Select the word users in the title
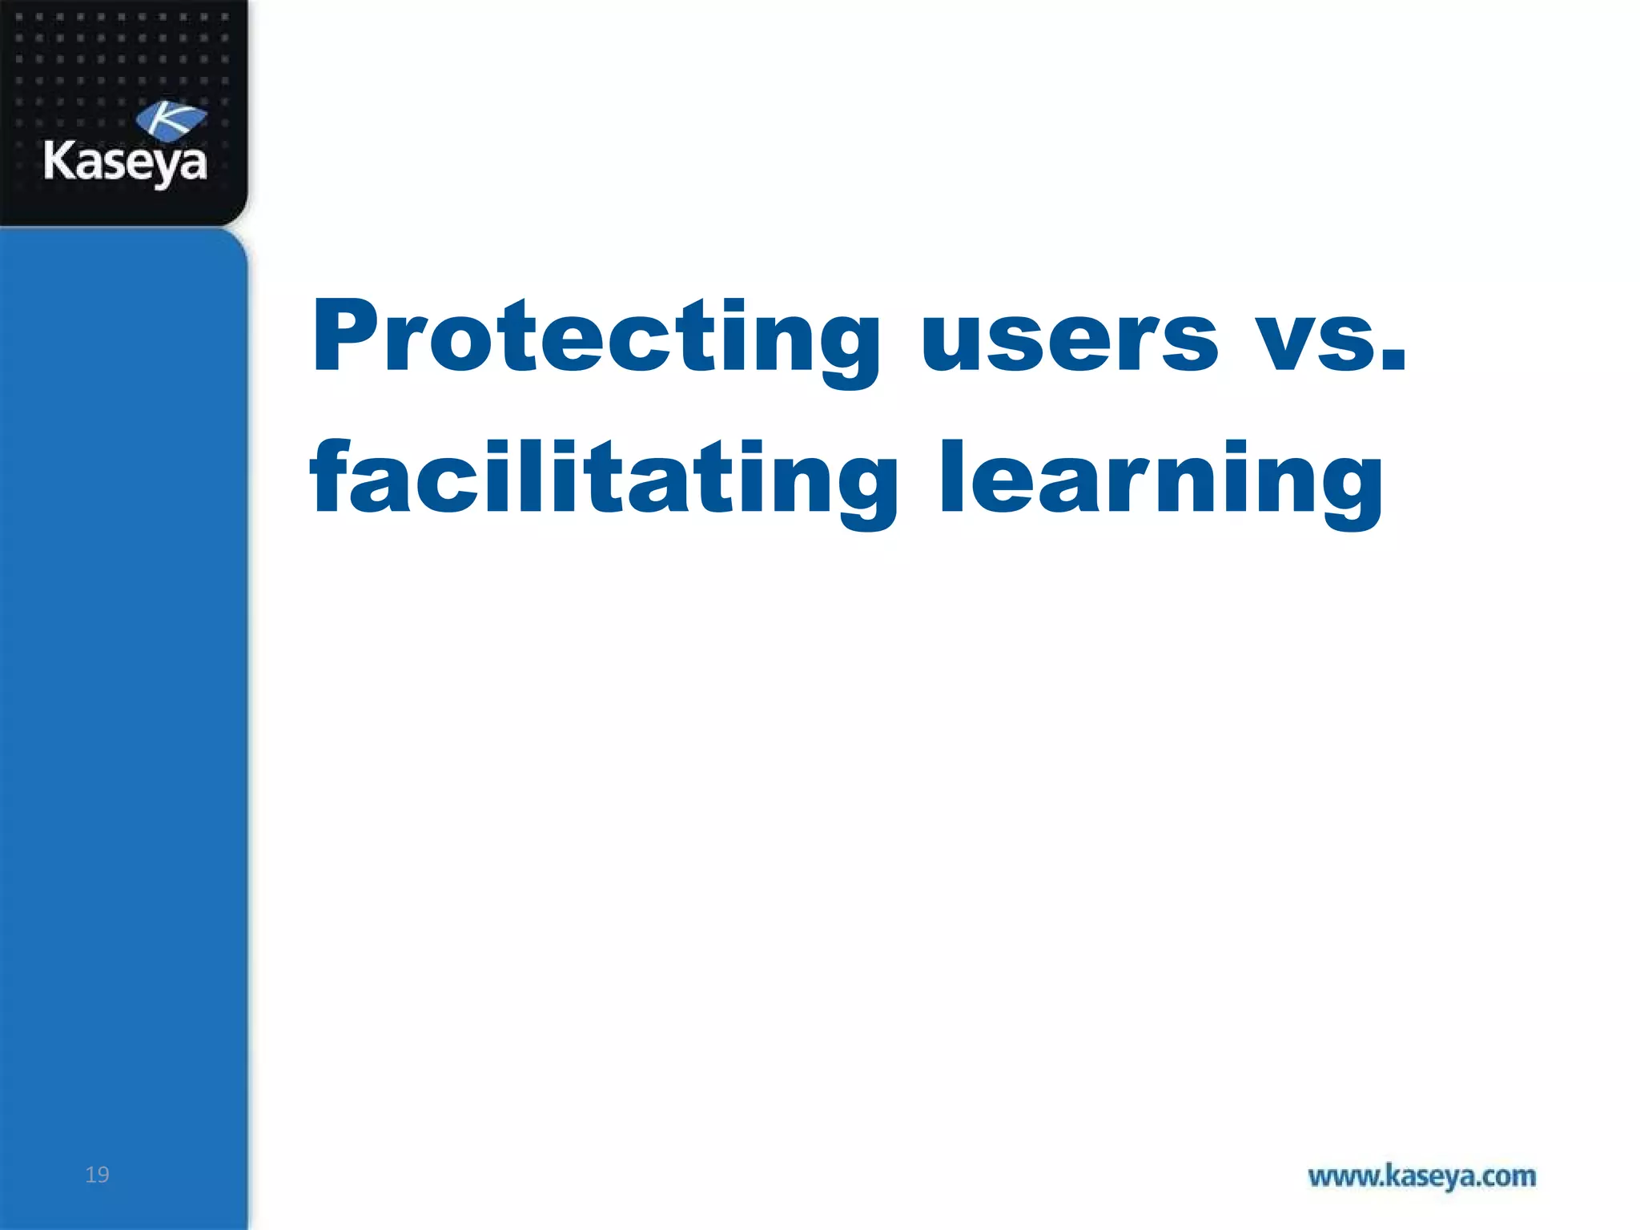click(1070, 340)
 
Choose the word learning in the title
click(1160, 480)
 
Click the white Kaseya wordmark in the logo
click(125, 163)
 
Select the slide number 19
click(97, 1174)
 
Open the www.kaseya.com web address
click(1421, 1176)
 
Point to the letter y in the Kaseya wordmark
click(167, 168)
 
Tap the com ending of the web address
click(1509, 1176)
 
